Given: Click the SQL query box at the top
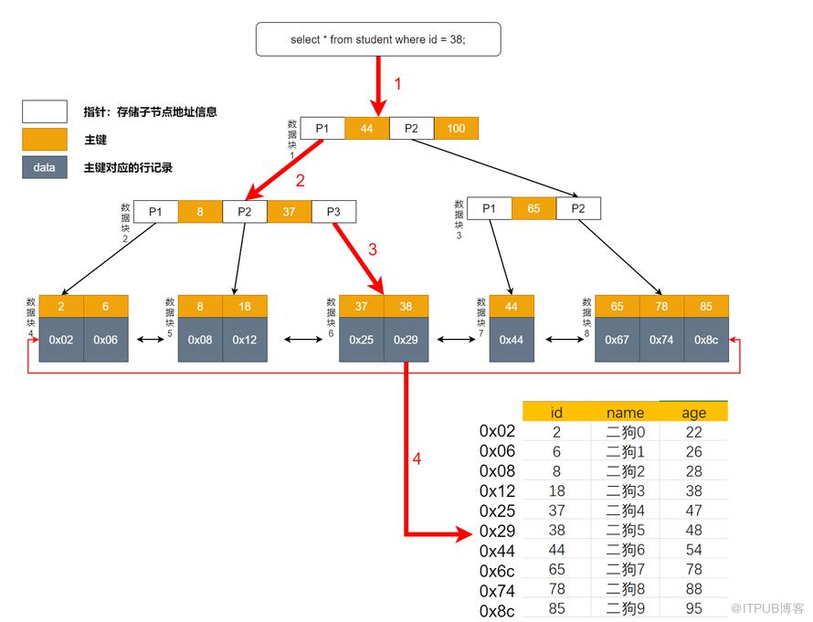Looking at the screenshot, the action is coord(378,39).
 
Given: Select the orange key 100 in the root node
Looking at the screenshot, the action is coord(456,129).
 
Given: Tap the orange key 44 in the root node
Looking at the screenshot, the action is coord(367,129).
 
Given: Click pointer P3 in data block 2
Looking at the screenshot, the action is coord(334,212).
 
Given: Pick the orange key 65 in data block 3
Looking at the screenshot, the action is coord(534,208).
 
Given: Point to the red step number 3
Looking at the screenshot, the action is coord(373,249).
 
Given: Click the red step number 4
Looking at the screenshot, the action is coord(417,459).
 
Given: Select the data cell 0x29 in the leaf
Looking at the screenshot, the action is coord(406,340).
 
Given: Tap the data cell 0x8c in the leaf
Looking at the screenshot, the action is coord(706,340).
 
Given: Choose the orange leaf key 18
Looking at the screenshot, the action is coord(245,306).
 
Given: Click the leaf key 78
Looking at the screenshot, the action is coord(661,306).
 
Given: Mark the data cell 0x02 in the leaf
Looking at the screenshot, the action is coord(61,340).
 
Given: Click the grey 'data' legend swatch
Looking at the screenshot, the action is coord(45,167).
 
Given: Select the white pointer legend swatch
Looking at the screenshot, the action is coord(45,111).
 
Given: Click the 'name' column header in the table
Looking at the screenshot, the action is coord(626,413).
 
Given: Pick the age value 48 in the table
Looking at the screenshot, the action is coord(693,530).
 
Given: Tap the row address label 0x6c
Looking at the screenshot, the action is coord(497,571).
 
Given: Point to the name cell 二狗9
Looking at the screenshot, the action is coord(626,608).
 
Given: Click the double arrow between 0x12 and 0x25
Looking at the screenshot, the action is coord(304,340).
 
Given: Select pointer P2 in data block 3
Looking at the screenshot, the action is coord(578,208).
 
